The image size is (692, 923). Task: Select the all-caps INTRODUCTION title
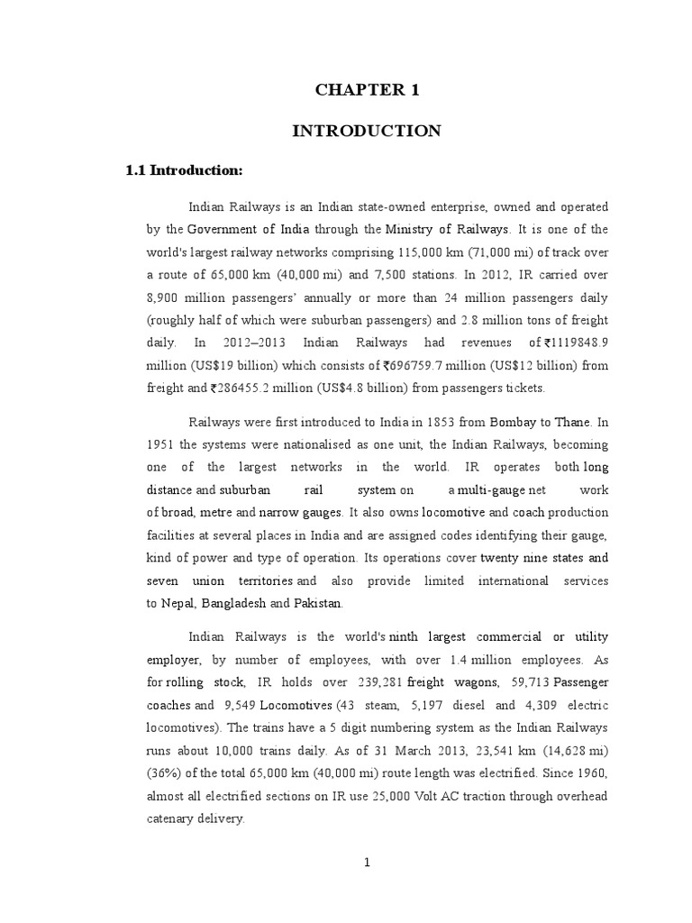[x=366, y=131]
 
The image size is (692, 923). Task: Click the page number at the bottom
[x=367, y=862]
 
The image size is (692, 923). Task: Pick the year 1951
[x=161, y=444]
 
